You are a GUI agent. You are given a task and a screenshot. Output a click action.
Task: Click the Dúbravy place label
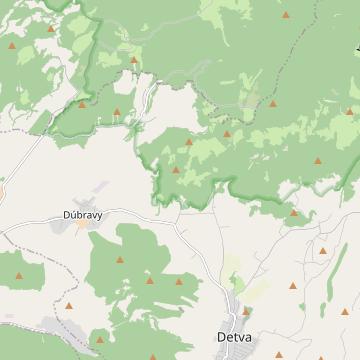coord(81,214)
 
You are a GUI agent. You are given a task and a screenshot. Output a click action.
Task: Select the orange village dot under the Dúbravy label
coord(82,225)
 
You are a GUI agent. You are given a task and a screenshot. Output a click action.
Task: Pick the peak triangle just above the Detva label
coord(245,311)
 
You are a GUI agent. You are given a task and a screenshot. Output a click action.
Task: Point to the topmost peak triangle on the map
coord(285,17)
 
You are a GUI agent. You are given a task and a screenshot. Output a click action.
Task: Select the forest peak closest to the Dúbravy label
coord(120,260)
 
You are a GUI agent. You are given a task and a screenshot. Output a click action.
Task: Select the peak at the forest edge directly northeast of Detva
coord(294,212)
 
